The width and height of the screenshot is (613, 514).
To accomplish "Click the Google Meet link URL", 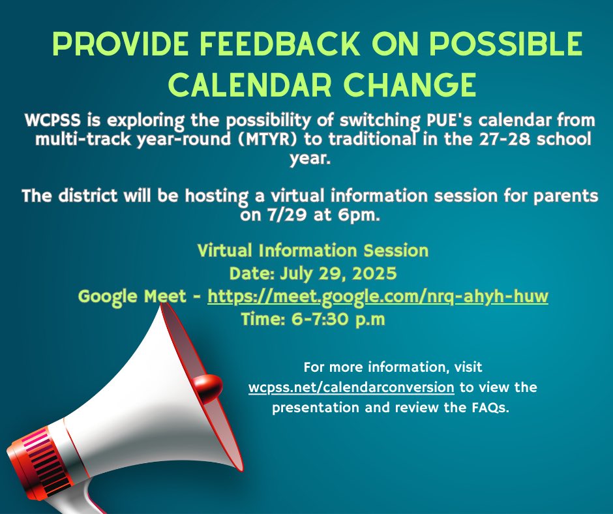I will pos(378,297).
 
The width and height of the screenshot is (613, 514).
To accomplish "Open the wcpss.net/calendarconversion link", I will pos(351,387).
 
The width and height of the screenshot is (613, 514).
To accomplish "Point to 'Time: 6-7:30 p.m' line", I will pos(313,320).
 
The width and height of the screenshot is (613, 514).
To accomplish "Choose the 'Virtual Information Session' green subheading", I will pos(312,250).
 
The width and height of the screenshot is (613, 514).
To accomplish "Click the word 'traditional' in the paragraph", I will pos(410,140).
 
